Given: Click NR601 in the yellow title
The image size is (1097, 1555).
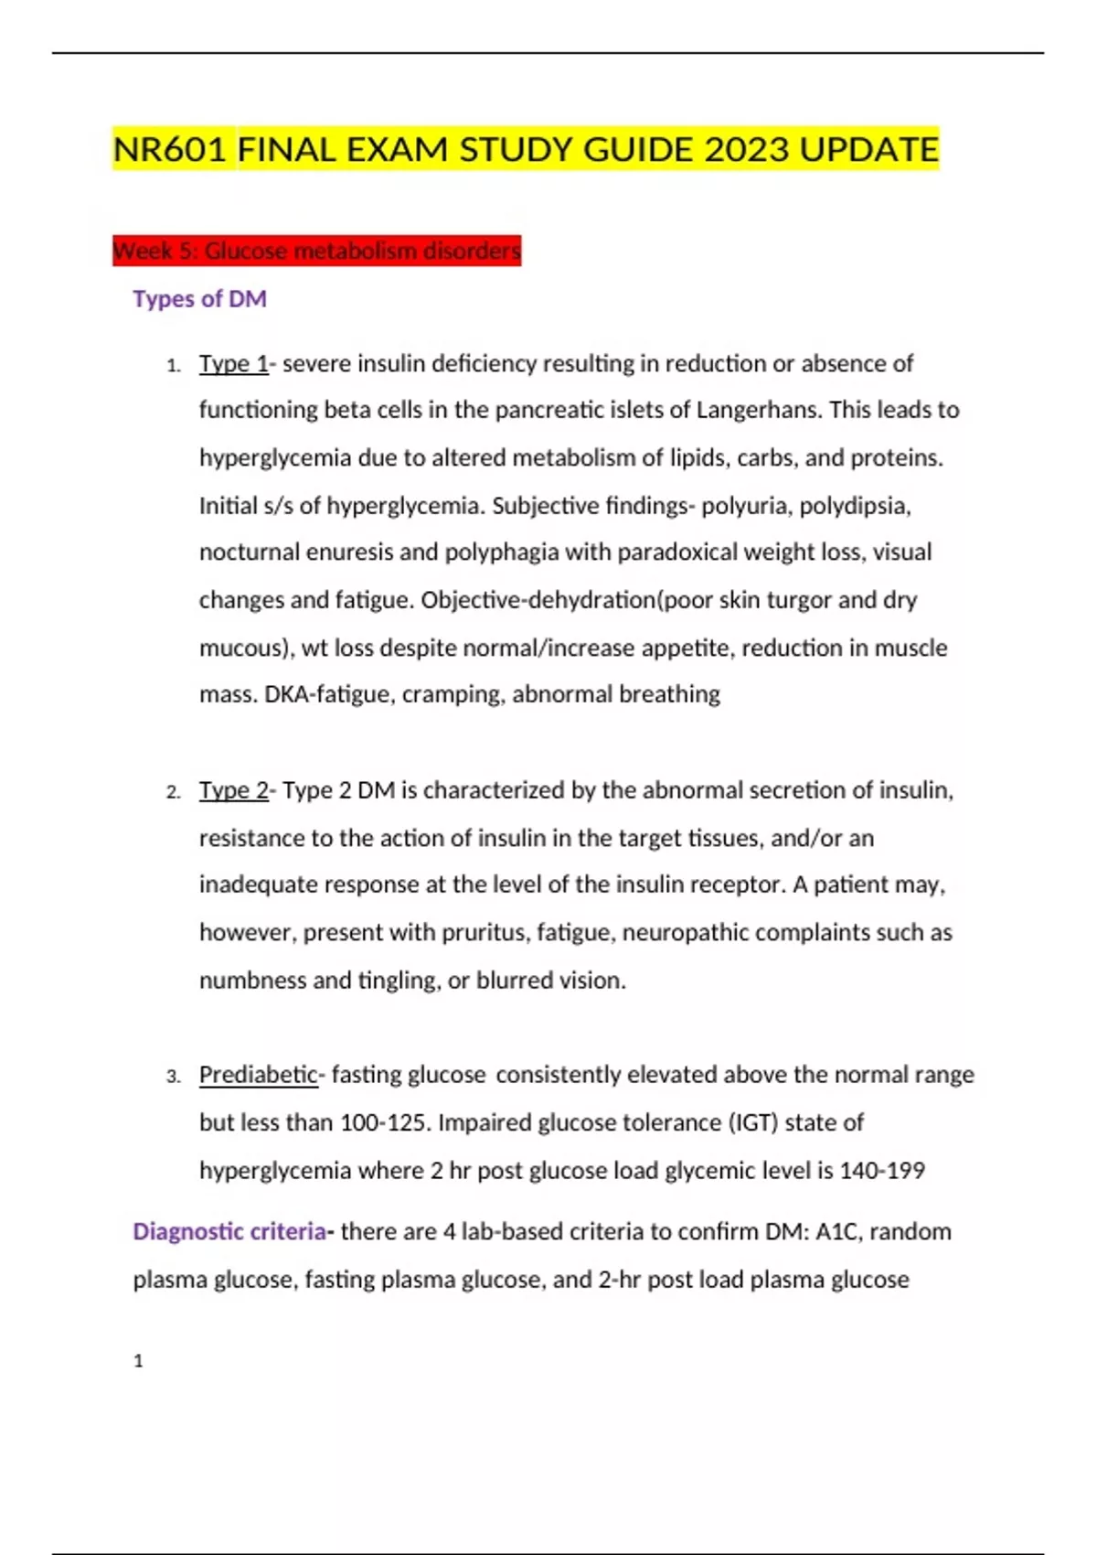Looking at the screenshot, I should pos(170,149).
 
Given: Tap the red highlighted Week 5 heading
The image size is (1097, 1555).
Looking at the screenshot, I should pos(316,250).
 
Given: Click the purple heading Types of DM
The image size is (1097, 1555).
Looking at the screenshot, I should pos(199,299).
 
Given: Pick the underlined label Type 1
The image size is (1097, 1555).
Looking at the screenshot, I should pos(233,364).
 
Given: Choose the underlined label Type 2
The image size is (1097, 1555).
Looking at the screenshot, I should pos(233,790).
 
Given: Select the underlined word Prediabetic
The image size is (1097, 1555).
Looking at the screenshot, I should pos(258,1075).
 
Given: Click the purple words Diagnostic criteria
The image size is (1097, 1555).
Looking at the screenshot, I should pos(229,1232).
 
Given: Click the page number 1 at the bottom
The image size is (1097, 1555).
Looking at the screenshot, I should pos(138,1361).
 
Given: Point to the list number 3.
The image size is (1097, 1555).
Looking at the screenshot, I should pos(174,1077).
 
